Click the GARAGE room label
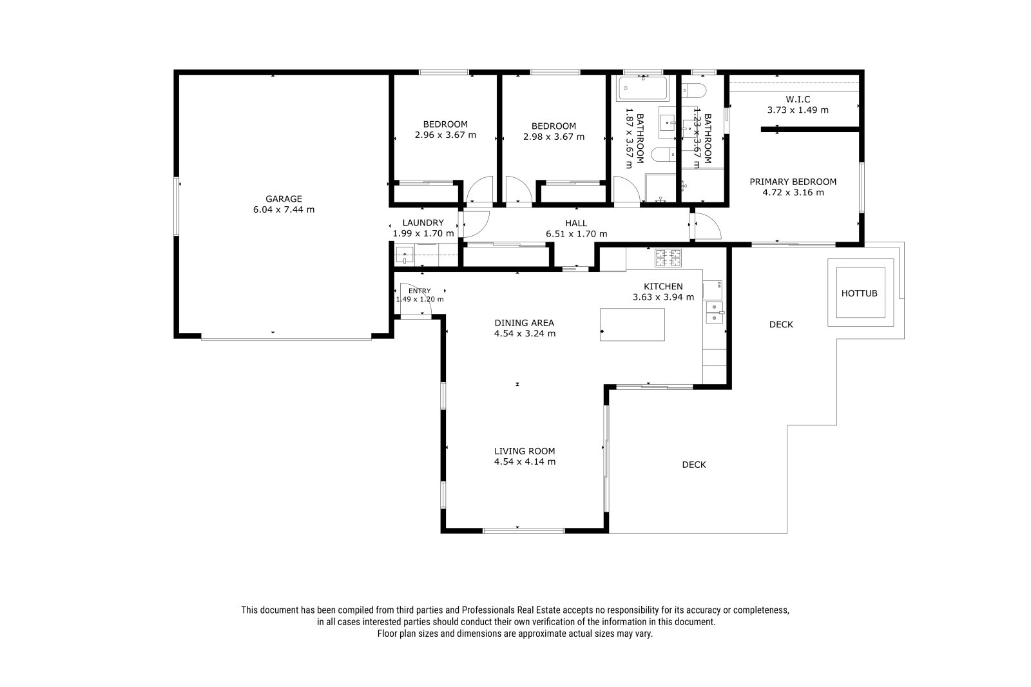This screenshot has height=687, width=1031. pos(284,199)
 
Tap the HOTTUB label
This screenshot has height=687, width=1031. pos(860,293)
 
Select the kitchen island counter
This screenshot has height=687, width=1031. pos(632,325)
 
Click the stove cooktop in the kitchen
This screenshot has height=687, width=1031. pos(668,258)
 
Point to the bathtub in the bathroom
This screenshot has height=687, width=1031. pos(642,88)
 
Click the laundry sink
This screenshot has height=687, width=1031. pos(405,255)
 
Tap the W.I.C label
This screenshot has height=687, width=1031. pos(798,99)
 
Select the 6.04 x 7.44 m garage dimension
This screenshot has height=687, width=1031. pos(284,209)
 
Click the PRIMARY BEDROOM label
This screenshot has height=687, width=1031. pos(793,182)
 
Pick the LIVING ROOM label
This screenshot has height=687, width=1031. pos(525,451)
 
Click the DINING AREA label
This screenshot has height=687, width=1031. pos(525,323)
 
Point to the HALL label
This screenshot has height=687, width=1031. pos(576,224)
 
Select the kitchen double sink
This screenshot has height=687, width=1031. pos(715,312)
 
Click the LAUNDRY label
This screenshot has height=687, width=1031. pos(423,223)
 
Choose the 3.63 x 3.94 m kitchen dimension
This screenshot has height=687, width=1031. pos(663,298)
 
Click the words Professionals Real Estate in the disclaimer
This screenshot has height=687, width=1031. pos(511,610)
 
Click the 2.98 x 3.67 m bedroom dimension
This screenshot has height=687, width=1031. pos(554,137)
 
